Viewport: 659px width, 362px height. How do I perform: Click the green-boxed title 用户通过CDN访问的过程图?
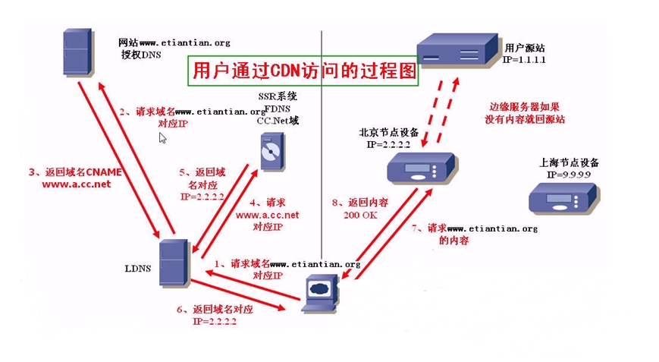303,72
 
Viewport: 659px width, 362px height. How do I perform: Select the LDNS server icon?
174,262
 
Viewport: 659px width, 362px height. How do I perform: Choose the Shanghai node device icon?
560,198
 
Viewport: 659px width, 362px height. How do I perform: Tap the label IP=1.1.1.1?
525,58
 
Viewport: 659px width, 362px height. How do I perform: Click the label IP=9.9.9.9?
569,175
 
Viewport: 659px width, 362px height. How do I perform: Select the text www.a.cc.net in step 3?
75,184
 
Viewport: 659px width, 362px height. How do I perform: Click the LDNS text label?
138,268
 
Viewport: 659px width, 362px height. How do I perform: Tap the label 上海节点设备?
569,162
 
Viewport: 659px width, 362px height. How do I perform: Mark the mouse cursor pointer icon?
162,138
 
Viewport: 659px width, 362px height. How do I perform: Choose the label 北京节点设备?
388,132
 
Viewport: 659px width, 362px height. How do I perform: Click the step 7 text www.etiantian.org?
492,228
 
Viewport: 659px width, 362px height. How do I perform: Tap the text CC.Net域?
277,120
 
